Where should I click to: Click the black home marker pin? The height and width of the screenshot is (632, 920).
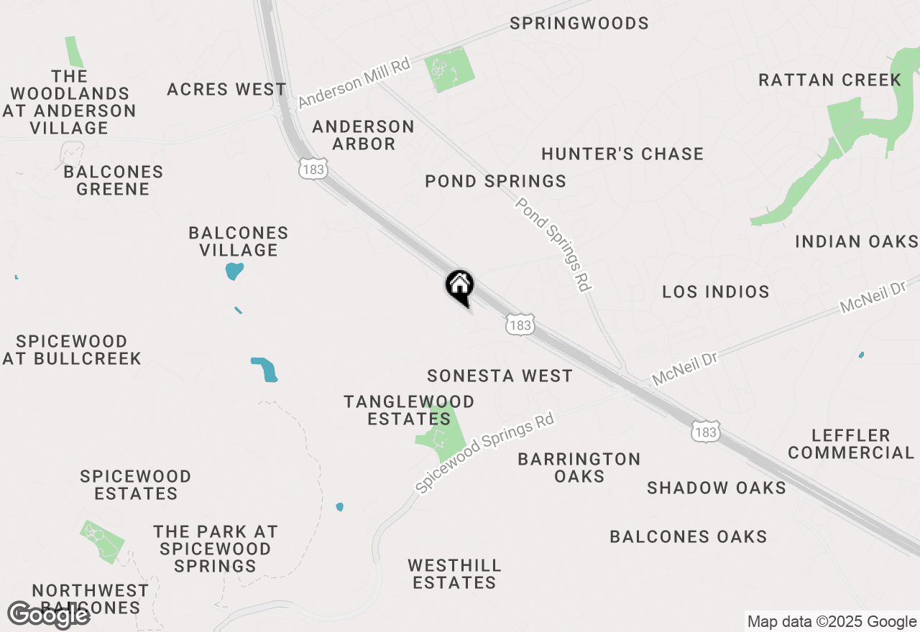[460, 286]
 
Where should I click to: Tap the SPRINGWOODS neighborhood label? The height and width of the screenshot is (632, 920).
[579, 24]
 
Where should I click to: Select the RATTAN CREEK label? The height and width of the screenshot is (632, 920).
[829, 80]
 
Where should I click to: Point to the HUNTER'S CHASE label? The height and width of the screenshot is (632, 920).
[622, 154]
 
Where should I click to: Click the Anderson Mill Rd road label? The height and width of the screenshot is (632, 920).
[354, 84]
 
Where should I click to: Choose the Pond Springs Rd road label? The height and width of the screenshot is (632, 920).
[553, 244]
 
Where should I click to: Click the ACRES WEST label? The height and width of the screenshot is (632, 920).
[226, 90]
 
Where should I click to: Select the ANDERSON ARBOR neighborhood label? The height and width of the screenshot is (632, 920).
[364, 135]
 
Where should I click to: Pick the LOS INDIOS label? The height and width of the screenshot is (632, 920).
[716, 292]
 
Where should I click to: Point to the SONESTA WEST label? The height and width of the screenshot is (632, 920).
[500, 376]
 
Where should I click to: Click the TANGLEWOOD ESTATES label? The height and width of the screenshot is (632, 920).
[409, 410]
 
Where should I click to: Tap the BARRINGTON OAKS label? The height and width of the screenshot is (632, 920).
[579, 468]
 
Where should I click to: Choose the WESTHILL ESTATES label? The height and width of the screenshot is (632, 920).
[454, 574]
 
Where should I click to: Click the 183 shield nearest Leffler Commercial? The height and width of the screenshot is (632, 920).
[706, 432]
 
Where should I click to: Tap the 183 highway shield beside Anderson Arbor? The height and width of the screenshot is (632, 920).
[314, 169]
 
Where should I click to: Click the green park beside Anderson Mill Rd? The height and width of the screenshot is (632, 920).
[450, 70]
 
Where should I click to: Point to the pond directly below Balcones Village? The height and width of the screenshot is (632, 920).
[234, 271]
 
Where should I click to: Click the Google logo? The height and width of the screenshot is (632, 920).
[48, 615]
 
